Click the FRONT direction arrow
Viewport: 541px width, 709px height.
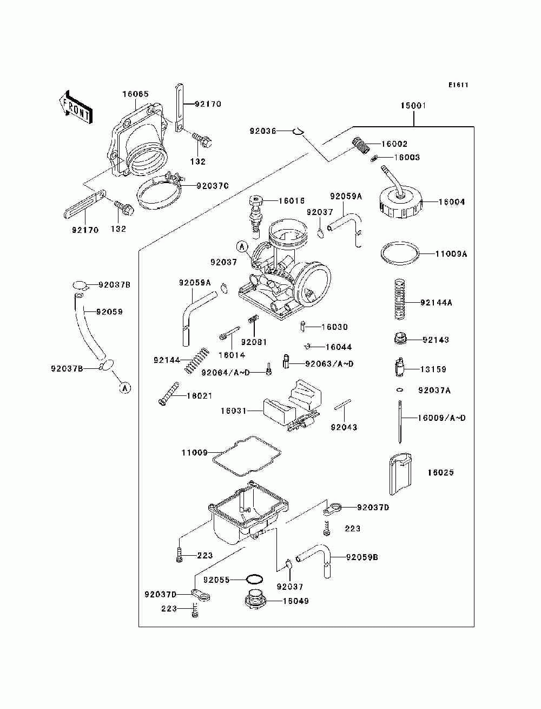coord(76,107)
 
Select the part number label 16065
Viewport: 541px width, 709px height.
coord(135,94)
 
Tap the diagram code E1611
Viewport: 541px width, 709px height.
coord(458,85)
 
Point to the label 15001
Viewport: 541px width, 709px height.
coord(413,106)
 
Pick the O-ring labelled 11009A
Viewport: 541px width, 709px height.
coord(400,253)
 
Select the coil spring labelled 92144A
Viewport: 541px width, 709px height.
coord(400,299)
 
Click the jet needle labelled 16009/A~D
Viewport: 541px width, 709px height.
coord(400,421)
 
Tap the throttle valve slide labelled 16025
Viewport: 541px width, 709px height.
coord(400,474)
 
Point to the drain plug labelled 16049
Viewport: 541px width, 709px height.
coord(254,601)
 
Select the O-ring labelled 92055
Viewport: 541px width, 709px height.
coord(254,580)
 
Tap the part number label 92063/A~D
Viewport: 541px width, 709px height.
coord(329,363)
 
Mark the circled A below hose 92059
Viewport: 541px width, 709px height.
coord(125,387)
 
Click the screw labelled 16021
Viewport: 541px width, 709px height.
coord(169,393)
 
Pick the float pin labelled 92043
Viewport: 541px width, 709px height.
coord(342,404)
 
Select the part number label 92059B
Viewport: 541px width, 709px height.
coord(362,557)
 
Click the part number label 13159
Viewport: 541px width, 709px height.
coord(433,369)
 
